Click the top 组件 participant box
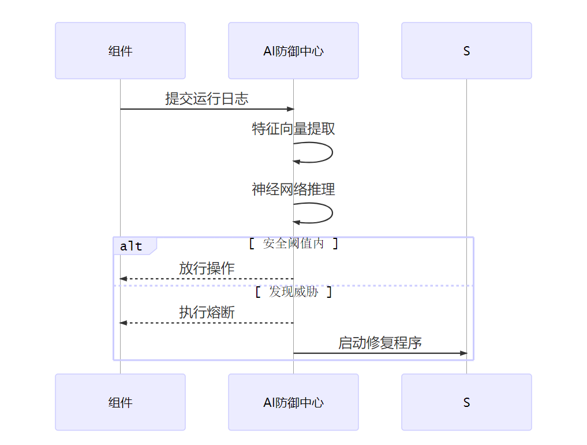[120, 51]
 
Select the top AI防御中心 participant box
[293, 51]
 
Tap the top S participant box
[466, 51]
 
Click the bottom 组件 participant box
[120, 402]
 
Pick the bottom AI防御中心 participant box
[293, 402]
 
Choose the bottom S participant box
[466, 402]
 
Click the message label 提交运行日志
[207, 99]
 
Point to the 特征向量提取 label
[293, 129]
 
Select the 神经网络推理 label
[293, 189]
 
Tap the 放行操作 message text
[207, 268]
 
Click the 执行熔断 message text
[207, 312]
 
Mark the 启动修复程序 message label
[380, 343]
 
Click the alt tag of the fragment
[132, 246]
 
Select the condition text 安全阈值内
[293, 244]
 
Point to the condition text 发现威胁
[293, 292]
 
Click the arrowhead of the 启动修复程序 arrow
[463, 353]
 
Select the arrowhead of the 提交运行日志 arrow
[290, 109]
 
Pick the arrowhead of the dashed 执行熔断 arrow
[123, 323]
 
